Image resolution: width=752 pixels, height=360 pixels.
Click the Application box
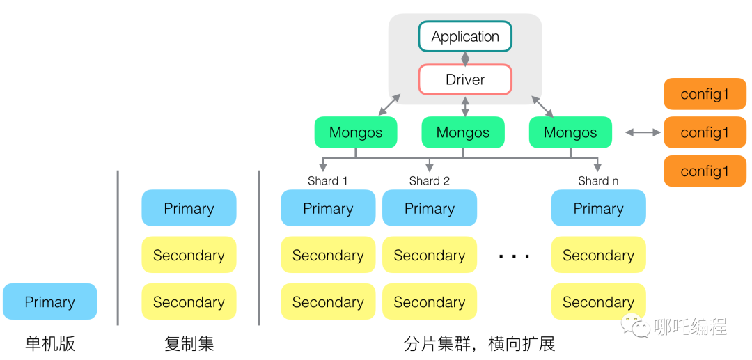pos(465,36)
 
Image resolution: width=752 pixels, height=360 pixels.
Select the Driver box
pos(465,79)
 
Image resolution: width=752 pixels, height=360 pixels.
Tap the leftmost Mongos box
pos(356,132)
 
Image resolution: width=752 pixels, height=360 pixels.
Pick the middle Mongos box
pos(463,132)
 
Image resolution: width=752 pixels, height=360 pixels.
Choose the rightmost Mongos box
pos(570,132)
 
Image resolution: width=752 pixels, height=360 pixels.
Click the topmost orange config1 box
pos(705,94)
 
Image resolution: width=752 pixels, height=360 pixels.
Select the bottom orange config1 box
pos(705,171)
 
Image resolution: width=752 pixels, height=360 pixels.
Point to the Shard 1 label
pos(328,181)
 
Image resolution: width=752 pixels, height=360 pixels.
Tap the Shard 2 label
pos(430,181)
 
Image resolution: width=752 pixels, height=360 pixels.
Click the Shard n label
pos(598,181)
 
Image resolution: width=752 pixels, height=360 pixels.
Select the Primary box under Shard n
pos(598,208)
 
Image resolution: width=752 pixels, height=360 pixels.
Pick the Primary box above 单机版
pos(49,302)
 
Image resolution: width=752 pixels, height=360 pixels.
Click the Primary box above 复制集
pos(189,208)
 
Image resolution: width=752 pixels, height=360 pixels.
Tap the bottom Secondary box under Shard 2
pos(430,302)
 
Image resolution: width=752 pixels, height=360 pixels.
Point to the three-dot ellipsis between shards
pos(515,256)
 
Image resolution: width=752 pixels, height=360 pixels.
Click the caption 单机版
pos(49,343)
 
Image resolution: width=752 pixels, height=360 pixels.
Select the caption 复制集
pos(189,343)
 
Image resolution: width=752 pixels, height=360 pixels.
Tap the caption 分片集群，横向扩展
pos(480,343)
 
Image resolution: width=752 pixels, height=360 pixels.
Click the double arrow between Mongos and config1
pos(643,132)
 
